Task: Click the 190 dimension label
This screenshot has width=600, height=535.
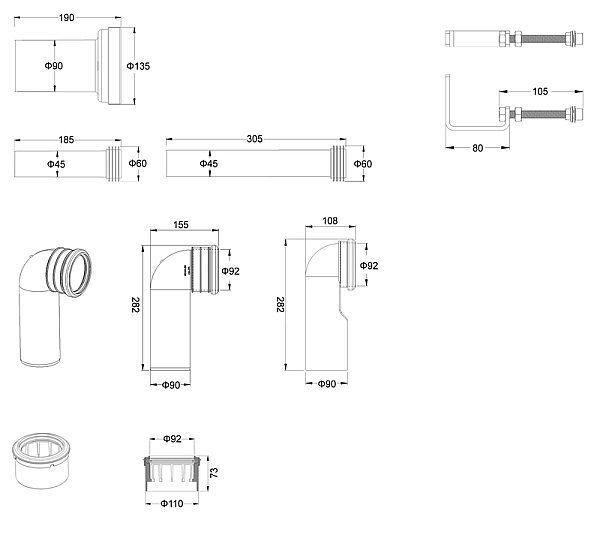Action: pos(66,18)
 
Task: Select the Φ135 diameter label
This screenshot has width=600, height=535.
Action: pos(138,66)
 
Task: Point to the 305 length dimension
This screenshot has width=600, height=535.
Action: pos(254,140)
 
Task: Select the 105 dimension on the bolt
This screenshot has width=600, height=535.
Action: pos(539,91)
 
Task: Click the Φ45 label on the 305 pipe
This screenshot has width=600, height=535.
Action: pos(209,163)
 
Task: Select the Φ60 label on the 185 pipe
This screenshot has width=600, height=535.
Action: pos(138,163)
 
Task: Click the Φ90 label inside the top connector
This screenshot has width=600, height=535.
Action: pos(54,66)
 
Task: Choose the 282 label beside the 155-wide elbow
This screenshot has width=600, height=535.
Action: pos(135,305)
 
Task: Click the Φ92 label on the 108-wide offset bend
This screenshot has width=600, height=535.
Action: pos(370,266)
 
